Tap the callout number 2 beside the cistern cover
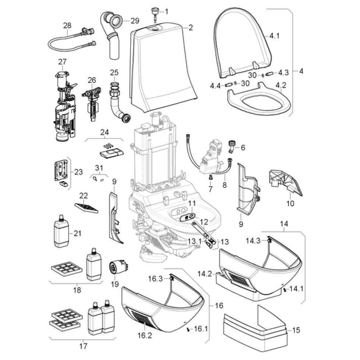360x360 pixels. pyautogui.click(x=191, y=27)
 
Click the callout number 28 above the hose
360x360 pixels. pyautogui.click(x=67, y=25)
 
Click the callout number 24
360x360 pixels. pyautogui.click(x=105, y=132)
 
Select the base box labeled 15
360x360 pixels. pyautogui.click(x=254, y=328)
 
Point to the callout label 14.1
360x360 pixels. pyautogui.click(x=296, y=289)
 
